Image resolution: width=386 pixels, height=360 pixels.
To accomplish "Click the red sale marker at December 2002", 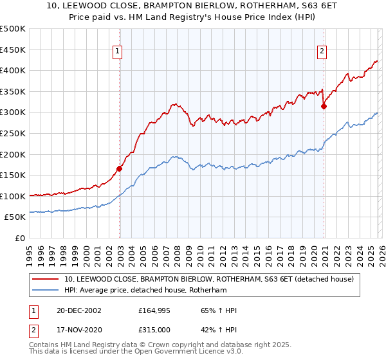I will tap(120, 169).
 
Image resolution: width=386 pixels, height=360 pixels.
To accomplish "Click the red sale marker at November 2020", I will tap(324, 107).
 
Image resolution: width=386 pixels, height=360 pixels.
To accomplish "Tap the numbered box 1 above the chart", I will tap(119, 53).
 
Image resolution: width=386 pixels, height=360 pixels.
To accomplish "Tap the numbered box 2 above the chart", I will tap(322, 53).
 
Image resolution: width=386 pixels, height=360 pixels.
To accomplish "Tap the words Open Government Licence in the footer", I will tap(186, 354).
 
